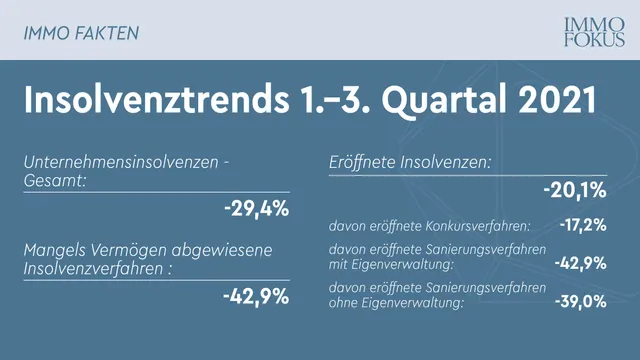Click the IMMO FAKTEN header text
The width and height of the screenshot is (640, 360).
[x=81, y=32]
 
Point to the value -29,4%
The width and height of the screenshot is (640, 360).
[x=256, y=208]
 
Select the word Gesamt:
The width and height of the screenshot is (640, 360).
[x=56, y=180]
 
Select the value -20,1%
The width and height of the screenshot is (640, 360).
[x=575, y=190]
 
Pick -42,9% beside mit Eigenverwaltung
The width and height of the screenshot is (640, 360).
[x=580, y=262]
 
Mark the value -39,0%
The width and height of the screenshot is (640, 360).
[x=580, y=300]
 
